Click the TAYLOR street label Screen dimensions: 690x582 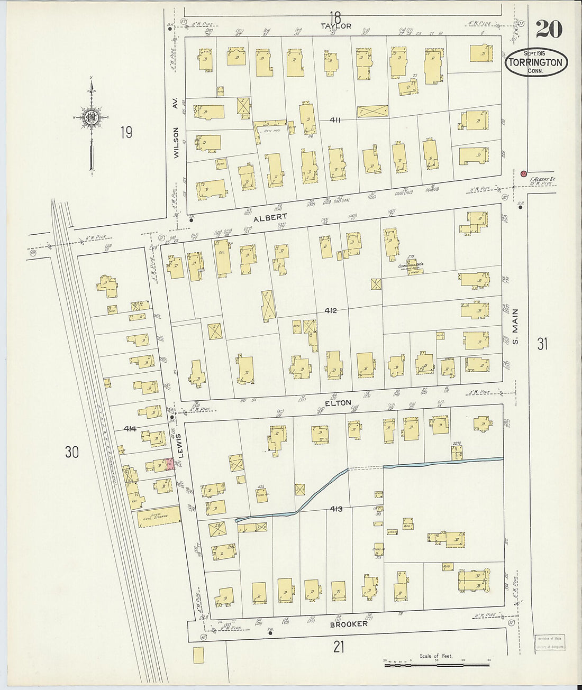[x=335, y=25]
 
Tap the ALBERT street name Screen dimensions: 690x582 [x=270, y=217]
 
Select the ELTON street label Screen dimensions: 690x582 [x=338, y=403]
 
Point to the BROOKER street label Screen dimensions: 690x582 [x=349, y=624]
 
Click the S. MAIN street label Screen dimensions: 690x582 [x=516, y=326]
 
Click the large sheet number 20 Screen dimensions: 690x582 [x=549, y=29]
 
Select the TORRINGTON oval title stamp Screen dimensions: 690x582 [x=536, y=62]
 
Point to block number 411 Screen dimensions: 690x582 [x=335, y=120]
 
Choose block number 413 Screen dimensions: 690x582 [x=336, y=509]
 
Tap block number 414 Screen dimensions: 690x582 [x=130, y=429]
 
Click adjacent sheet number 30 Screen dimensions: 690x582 [x=72, y=452]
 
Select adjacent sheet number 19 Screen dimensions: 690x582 [x=125, y=132]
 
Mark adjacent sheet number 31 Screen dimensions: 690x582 [x=542, y=344]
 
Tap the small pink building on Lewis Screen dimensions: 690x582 [x=170, y=464]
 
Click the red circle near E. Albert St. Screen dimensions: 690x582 [x=523, y=173]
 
